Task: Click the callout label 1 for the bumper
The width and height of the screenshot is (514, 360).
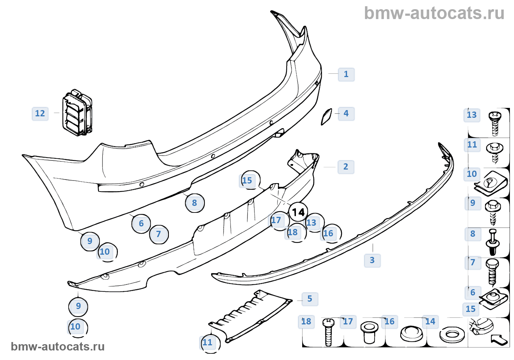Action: click(x=346, y=74)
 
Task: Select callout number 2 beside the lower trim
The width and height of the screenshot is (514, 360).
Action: click(x=345, y=167)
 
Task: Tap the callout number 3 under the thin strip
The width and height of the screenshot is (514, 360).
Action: click(x=372, y=260)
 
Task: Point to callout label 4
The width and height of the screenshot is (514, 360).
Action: click(x=346, y=113)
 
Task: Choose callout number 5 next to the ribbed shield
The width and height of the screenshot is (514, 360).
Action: click(x=310, y=299)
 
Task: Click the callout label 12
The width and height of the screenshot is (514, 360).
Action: click(x=40, y=113)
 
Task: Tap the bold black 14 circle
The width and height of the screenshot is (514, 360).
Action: click(x=298, y=212)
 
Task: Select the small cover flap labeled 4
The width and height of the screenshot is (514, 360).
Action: click(x=326, y=116)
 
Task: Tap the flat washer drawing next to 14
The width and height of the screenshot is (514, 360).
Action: click(x=452, y=335)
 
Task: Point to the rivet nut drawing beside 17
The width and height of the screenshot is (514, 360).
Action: click(x=369, y=332)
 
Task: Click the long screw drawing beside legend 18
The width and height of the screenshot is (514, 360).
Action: click(x=328, y=332)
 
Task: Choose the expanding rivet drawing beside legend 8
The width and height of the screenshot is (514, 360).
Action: click(x=493, y=242)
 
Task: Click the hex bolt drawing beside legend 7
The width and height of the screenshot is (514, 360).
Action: click(x=492, y=272)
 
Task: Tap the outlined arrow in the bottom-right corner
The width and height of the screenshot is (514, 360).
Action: click(x=499, y=339)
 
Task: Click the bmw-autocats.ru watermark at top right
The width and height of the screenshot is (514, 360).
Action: click(x=434, y=13)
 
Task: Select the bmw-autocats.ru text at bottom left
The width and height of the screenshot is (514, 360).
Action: click(x=58, y=346)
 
